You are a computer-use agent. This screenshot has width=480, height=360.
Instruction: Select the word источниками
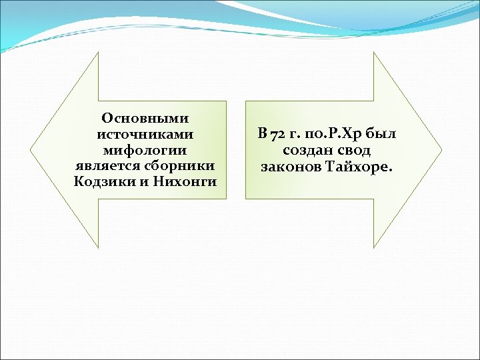(x=145, y=134)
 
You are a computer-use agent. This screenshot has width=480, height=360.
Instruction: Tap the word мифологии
(x=145, y=150)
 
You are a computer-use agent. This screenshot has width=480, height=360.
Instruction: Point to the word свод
(x=352, y=150)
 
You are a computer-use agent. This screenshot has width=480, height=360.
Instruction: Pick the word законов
(x=289, y=166)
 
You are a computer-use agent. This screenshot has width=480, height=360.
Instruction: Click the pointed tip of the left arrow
(x=31, y=150)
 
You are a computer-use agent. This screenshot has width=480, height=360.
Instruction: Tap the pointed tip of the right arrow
(x=441, y=150)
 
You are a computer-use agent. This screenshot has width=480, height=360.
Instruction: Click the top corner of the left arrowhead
(x=98, y=53)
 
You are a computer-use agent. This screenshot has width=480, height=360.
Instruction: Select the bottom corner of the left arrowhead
(x=98, y=247)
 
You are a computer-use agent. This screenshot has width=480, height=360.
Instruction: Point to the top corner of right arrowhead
(x=375, y=53)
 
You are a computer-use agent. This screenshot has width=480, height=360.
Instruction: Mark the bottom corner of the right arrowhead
(x=375, y=247)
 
